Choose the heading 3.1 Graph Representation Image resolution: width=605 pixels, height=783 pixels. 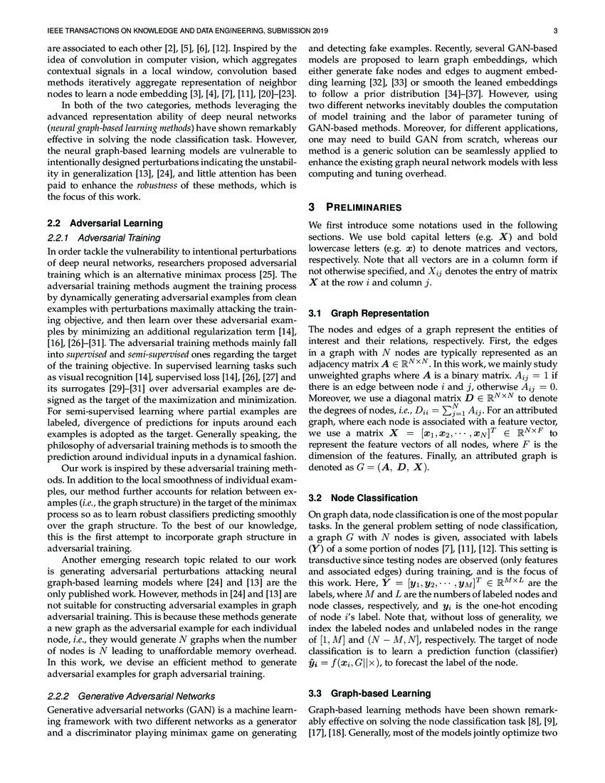tap(368, 313)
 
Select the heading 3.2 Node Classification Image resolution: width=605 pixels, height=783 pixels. tap(362, 498)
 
